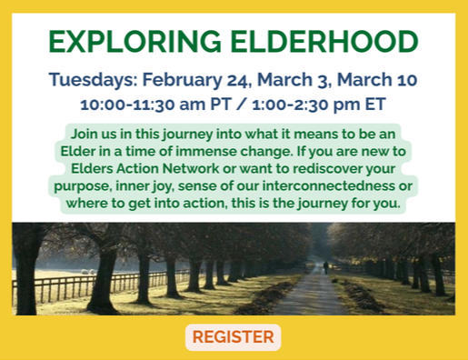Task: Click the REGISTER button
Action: (x=233, y=337)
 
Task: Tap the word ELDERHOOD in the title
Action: (x=320, y=41)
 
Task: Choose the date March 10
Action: (x=385, y=78)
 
